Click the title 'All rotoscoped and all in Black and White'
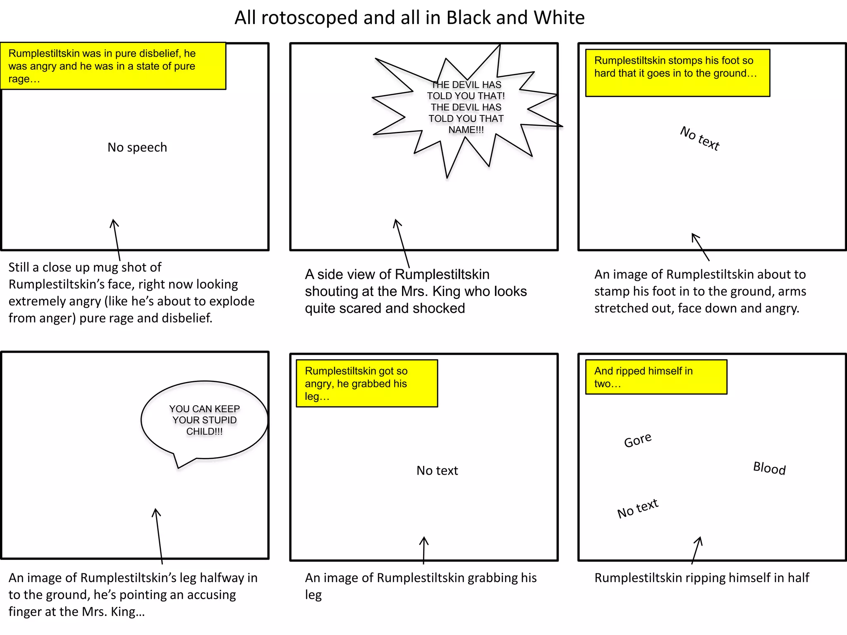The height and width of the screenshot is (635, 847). tap(409, 18)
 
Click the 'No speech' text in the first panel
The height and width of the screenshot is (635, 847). tap(137, 148)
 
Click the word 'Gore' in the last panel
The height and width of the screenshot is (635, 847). tap(638, 440)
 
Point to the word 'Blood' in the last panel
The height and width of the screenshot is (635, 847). tap(769, 468)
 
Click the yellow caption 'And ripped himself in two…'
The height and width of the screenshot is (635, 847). tap(656, 377)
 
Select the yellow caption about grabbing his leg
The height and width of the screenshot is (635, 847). tap(366, 384)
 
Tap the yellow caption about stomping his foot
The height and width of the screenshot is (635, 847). tap(677, 73)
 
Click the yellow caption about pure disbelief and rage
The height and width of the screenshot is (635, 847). tap(113, 66)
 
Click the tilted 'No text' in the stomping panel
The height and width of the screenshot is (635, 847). tap(700, 138)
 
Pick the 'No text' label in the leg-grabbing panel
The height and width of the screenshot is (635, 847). tap(437, 470)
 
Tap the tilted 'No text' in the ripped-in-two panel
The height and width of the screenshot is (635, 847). tap(638, 508)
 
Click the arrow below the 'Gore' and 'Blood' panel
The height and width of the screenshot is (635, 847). tap(696, 550)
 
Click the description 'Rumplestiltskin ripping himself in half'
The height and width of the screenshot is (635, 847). tap(701, 578)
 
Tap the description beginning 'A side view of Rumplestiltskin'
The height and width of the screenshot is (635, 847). tap(416, 291)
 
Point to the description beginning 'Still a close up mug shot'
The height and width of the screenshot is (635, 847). tap(131, 293)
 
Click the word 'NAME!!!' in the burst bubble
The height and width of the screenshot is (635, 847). tap(466, 130)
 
